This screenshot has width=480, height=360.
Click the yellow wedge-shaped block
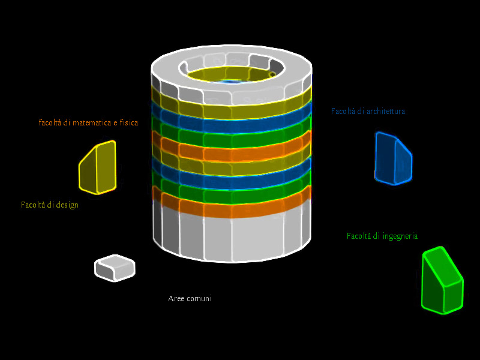(x=97, y=168)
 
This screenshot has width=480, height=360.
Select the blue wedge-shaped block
(x=392, y=159)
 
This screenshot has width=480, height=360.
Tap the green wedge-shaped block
(x=442, y=281)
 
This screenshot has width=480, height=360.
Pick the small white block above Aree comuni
(x=115, y=268)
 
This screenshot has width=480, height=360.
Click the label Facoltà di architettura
(x=368, y=111)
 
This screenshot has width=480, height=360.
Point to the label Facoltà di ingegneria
(x=382, y=236)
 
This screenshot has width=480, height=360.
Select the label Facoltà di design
(x=50, y=205)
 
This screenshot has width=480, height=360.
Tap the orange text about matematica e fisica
(x=88, y=122)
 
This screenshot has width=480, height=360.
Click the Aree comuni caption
(x=190, y=298)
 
